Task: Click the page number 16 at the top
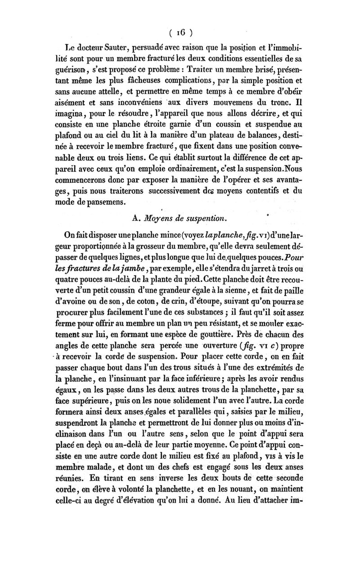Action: (180, 32)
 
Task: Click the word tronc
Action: (283, 108)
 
